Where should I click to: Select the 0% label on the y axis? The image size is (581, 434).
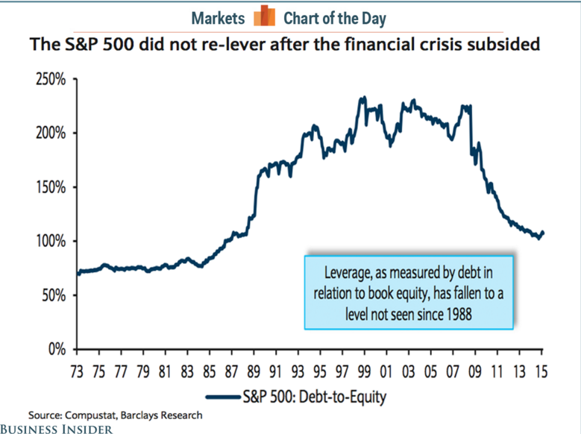point(57,349)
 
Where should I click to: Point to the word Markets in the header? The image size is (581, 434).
point(218,17)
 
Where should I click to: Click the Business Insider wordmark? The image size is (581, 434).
point(57,428)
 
